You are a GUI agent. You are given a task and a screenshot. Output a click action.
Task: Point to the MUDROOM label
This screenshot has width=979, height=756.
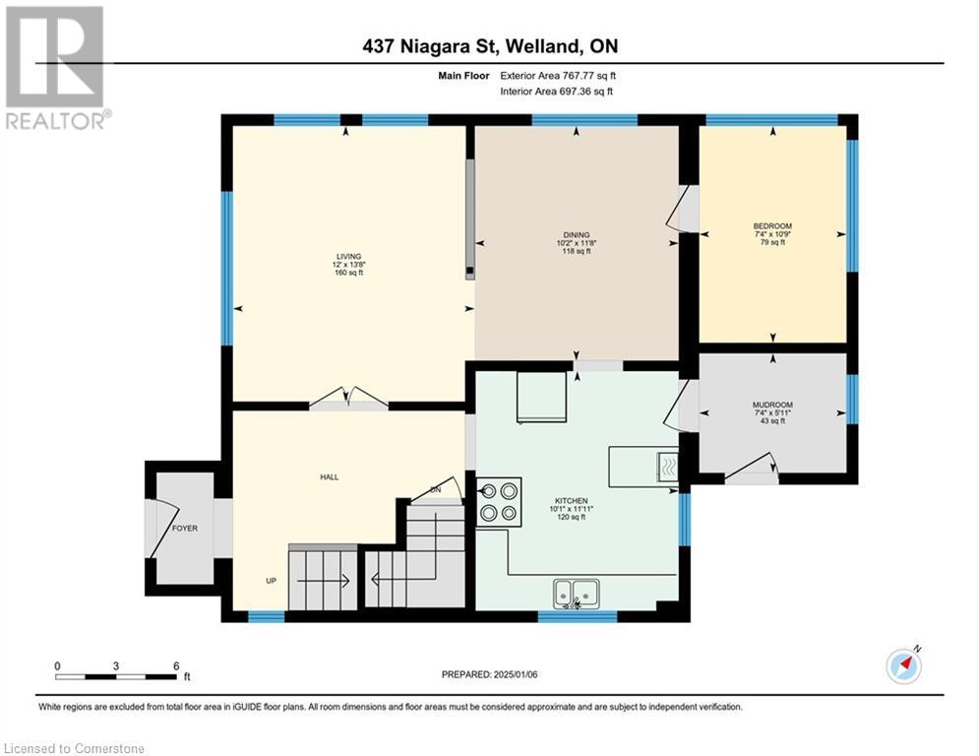point(772,405)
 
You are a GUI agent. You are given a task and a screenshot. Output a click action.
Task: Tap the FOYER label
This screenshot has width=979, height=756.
point(185,529)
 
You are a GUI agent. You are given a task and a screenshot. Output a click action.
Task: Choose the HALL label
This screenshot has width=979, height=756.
point(329,476)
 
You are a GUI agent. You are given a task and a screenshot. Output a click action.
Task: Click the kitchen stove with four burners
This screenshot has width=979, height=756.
point(499,500)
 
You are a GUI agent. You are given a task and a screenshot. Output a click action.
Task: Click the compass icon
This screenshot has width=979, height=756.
point(903,665)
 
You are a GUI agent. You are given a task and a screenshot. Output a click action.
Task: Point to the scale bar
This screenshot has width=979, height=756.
point(116,676)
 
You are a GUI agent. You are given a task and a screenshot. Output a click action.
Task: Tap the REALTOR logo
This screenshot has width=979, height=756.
point(55,68)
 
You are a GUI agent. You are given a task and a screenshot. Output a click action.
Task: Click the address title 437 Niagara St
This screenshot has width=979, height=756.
point(488,45)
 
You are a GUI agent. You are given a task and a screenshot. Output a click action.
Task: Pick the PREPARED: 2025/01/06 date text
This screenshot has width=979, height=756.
point(488,674)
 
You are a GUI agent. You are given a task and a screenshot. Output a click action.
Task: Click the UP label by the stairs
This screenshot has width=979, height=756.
point(271,580)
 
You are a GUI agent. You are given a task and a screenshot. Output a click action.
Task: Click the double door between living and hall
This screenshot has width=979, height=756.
point(348,399)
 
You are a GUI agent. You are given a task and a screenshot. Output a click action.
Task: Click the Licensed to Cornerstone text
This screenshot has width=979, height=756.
point(73,749)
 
